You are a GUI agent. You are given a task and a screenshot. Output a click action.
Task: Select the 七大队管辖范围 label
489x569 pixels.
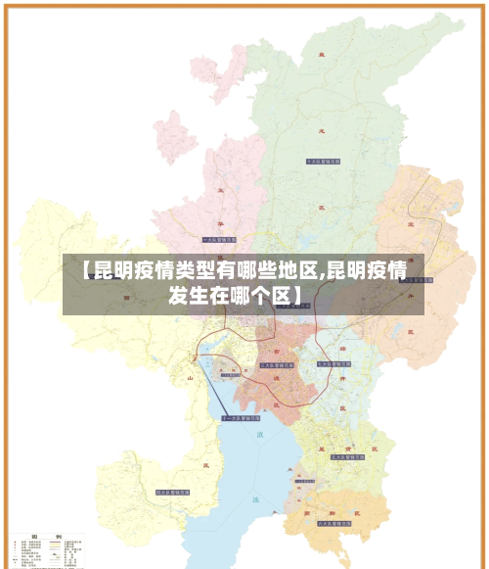pos(333,364)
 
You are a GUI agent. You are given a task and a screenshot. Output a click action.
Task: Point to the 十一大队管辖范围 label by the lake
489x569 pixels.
pos(239,418)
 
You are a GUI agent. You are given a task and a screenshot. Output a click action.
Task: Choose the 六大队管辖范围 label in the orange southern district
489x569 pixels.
pos(334,525)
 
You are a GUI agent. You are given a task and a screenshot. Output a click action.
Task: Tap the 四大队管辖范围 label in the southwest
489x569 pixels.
pos(171,493)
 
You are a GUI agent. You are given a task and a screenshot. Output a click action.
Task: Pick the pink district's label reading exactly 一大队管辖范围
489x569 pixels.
pos(218,239)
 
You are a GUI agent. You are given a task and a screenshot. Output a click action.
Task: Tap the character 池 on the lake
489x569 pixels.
pos(258,499)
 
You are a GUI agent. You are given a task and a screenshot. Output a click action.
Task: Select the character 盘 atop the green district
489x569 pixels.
pos(319,57)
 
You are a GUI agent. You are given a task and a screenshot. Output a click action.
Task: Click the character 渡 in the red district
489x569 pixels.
pos(277,376)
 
